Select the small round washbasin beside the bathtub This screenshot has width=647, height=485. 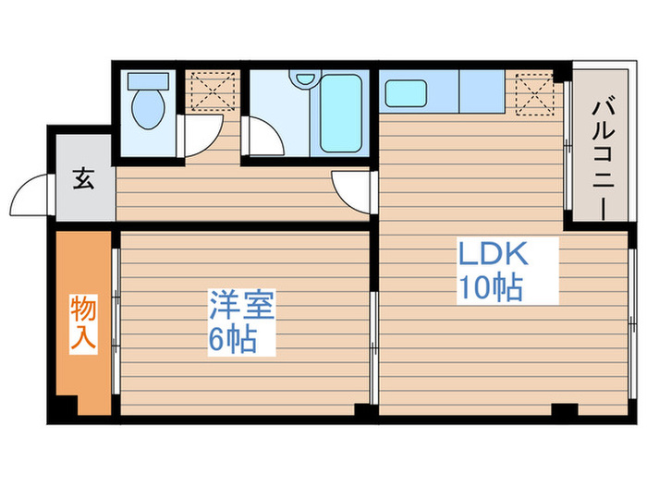300,80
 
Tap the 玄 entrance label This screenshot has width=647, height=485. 83,180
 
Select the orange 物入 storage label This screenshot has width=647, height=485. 83,324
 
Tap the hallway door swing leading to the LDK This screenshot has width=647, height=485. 352,188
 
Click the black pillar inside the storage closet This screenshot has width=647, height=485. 63,406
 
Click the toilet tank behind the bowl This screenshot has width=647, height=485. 146,80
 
